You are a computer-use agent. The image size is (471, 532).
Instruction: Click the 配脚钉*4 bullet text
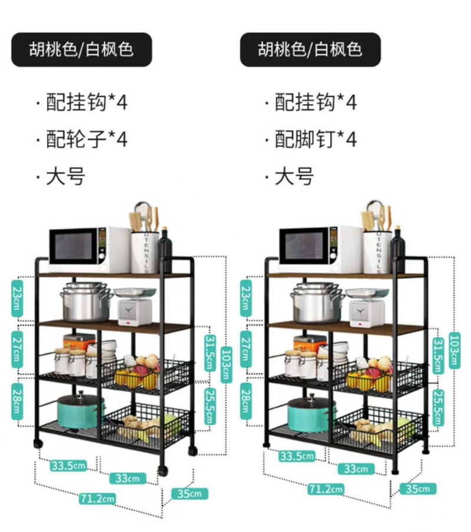[x=316, y=139]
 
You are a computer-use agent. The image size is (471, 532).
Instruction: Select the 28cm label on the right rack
[x=246, y=400]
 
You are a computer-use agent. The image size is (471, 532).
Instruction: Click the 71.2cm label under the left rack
[x=98, y=499]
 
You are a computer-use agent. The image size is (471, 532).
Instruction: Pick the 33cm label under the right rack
[x=356, y=469]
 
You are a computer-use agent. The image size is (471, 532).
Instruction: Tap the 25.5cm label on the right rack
[x=437, y=407]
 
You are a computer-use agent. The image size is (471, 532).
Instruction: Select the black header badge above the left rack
[x=82, y=49]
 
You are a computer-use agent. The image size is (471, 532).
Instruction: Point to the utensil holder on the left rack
[x=145, y=250]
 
